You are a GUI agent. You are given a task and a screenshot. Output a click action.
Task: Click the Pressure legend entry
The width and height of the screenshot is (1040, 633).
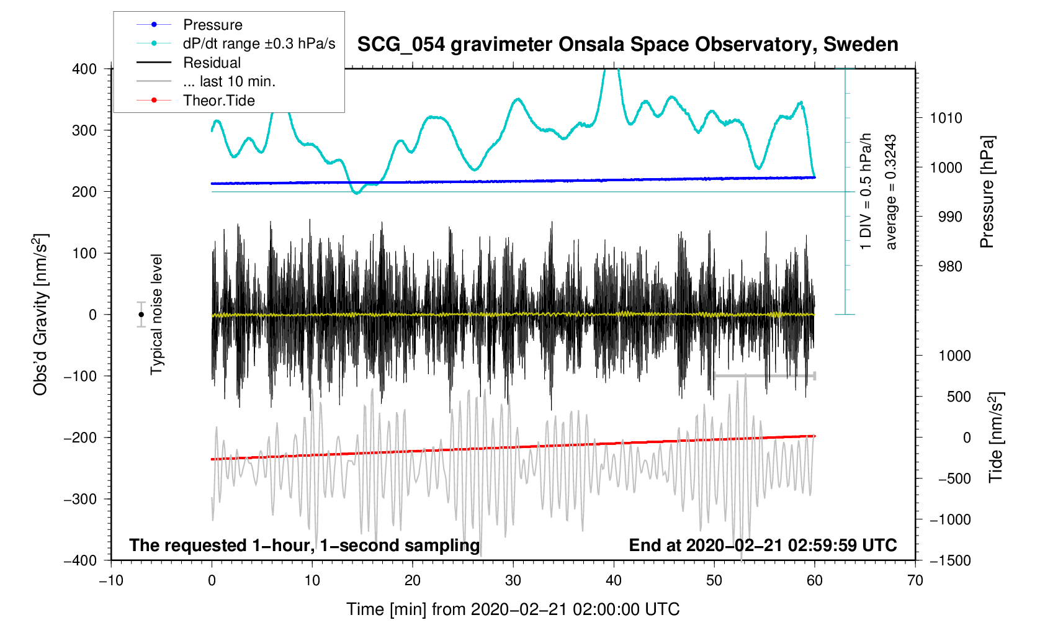[x=212, y=25]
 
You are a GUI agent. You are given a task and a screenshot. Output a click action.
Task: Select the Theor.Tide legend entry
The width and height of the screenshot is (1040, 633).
[x=218, y=101]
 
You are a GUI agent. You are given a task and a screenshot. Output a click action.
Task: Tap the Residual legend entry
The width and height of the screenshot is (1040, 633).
[x=212, y=63]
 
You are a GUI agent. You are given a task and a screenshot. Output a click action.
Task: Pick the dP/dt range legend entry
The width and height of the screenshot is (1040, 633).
[x=259, y=43]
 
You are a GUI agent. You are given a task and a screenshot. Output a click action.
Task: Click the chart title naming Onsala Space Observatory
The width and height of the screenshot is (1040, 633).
[x=627, y=45]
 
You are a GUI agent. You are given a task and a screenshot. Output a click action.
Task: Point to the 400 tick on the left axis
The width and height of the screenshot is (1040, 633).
[x=84, y=69]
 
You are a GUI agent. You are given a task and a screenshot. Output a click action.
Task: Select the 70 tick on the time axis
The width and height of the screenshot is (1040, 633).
[x=915, y=581]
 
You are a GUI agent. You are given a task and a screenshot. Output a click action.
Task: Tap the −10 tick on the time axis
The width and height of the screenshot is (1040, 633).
[x=111, y=581]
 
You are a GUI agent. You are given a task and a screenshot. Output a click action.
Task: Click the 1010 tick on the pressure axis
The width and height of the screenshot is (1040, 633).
[x=946, y=118]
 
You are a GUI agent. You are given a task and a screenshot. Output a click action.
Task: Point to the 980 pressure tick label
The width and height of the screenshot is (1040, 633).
[x=946, y=266]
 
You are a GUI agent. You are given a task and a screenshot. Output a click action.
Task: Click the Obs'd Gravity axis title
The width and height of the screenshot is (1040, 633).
[x=41, y=315]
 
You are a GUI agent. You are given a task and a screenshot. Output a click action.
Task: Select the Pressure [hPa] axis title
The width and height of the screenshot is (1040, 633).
[x=987, y=192]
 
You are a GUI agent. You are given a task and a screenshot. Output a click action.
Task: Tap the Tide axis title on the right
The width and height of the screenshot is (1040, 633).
[x=996, y=438]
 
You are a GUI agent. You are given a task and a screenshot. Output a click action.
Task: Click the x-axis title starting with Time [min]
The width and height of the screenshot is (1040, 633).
[x=513, y=609]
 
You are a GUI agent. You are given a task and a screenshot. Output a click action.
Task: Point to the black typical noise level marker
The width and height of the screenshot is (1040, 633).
[x=141, y=315]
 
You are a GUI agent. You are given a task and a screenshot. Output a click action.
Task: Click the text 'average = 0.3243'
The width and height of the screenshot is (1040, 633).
[x=891, y=192]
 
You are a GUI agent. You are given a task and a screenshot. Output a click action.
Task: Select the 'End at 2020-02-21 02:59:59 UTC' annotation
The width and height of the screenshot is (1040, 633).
[x=763, y=545]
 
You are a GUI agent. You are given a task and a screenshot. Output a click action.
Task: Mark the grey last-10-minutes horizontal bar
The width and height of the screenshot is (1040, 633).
[x=764, y=376]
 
